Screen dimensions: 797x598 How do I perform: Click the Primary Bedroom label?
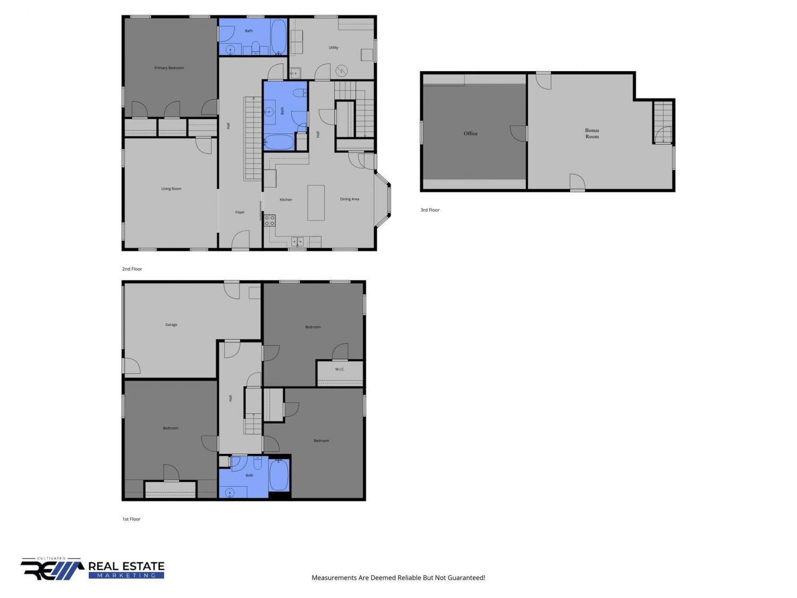point(169,68)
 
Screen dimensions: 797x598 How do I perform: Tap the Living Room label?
point(171,189)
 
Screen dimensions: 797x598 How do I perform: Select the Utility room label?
point(333,47)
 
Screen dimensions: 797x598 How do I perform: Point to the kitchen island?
point(316,203)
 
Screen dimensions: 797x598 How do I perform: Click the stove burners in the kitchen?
point(269,221)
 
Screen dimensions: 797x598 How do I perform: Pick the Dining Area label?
point(349,199)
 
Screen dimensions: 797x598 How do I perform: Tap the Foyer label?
point(240,213)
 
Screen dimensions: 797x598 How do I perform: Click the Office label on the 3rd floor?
point(470,133)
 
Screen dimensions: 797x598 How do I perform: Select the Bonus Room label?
point(592,133)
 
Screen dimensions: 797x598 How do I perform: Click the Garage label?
point(171,325)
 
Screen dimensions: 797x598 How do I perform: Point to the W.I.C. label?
point(340,369)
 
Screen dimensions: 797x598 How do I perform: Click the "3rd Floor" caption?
point(430,210)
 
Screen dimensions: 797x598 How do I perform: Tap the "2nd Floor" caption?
point(132,269)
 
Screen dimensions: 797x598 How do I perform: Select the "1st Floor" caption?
point(131,519)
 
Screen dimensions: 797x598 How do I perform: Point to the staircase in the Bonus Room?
point(664,122)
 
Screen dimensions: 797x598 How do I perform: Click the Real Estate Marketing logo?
point(92,569)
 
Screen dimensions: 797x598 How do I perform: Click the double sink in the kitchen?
point(298,241)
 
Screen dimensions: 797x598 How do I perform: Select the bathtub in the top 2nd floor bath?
point(279,37)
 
